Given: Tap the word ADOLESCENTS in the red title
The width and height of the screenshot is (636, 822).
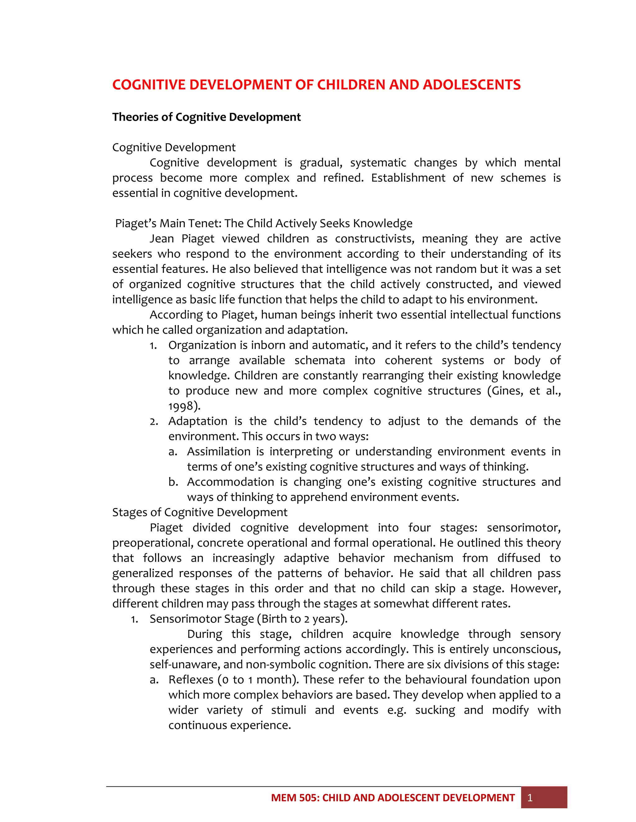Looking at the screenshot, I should pyautogui.click(x=472, y=85).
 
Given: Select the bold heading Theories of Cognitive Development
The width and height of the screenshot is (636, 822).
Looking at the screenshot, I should pyautogui.click(x=207, y=117).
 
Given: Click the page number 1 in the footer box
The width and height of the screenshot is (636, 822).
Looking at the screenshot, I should pyautogui.click(x=530, y=797).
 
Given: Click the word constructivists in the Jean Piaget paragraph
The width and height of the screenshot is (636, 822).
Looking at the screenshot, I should pyautogui.click(x=374, y=239).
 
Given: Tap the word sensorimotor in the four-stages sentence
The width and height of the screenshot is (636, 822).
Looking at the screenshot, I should pyautogui.click(x=523, y=528).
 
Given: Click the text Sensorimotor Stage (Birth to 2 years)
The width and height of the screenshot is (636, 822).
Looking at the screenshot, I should pyautogui.click(x=248, y=619).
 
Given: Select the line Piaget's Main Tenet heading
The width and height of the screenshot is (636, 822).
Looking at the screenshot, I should pyautogui.click(x=264, y=224).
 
